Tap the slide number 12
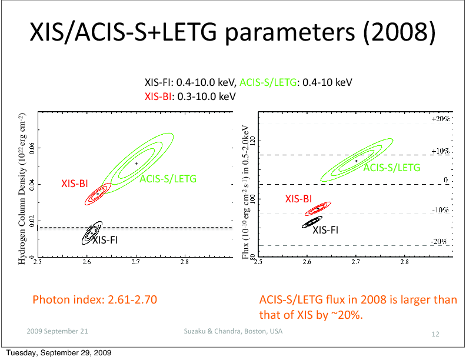pyautogui.click(x=435, y=334)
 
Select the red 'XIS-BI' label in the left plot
pyautogui.click(x=74, y=184)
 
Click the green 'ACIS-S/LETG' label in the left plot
pyautogui.click(x=168, y=178)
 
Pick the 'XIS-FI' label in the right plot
pyautogui.click(x=325, y=230)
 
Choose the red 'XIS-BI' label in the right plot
pyautogui.click(x=298, y=199)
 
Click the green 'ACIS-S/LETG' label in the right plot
pyautogui.click(x=392, y=168)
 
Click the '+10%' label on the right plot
pyautogui.click(x=440, y=151)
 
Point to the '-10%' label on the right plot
pyautogui.click(x=440, y=210)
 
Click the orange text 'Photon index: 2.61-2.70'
pyautogui.click(x=95, y=300)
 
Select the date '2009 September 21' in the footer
pyautogui.click(x=58, y=331)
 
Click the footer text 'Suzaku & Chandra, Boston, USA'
pyautogui.click(x=233, y=331)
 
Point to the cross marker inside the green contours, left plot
pyautogui.click(x=136, y=164)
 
